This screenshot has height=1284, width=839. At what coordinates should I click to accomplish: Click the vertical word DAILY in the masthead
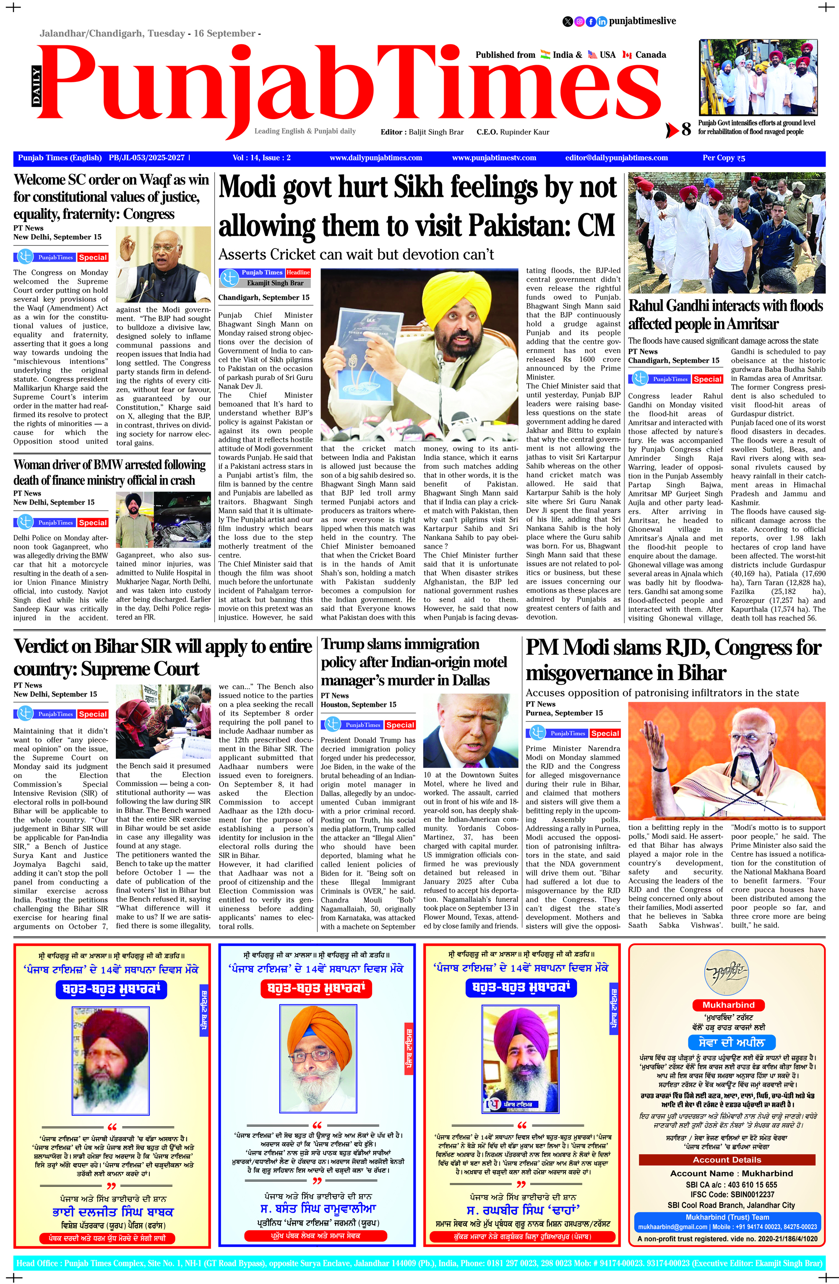[x=36, y=85]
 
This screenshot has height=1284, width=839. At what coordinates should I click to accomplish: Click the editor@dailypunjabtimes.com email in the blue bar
[x=616, y=158]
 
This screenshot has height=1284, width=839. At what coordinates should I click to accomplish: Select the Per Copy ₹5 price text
[x=724, y=158]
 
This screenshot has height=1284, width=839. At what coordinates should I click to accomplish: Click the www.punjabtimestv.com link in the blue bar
[x=494, y=158]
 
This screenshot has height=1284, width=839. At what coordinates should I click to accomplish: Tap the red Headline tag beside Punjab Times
[x=298, y=272]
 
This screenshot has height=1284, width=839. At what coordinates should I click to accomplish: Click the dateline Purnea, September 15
[x=564, y=713]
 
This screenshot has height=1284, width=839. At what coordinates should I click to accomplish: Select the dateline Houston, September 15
[x=358, y=705]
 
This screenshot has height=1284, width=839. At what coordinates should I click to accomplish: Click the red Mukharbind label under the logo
[x=728, y=1005]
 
